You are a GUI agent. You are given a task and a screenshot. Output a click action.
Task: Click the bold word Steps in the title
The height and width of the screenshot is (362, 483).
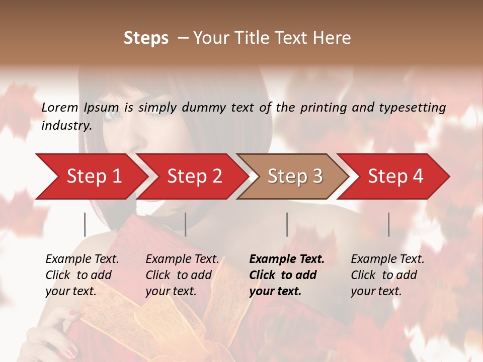pyautogui.click(x=146, y=38)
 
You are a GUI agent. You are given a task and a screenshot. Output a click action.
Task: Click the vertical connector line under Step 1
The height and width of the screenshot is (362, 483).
pyautogui.click(x=85, y=224)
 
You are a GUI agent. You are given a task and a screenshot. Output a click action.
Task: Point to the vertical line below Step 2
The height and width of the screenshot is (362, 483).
pyautogui.click(x=186, y=224)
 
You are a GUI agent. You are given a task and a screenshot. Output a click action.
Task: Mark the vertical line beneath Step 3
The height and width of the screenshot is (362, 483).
pyautogui.click(x=287, y=224)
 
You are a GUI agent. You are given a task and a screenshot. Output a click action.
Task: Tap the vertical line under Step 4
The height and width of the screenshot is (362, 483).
pyautogui.click(x=389, y=224)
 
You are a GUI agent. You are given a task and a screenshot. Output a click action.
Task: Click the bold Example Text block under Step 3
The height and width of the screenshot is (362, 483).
pyautogui.click(x=287, y=275)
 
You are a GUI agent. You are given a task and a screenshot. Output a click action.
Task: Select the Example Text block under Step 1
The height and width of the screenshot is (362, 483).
pyautogui.click(x=82, y=275)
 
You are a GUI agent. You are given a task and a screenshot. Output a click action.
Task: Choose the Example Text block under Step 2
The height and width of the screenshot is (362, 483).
pyautogui.click(x=182, y=275)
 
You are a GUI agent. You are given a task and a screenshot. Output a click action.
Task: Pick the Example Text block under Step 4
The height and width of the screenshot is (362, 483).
pyautogui.click(x=387, y=275)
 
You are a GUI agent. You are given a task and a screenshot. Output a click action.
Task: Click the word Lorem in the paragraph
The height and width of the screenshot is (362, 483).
pyautogui.click(x=60, y=107)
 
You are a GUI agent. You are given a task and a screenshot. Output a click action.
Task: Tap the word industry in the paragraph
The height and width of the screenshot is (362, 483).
pyautogui.click(x=65, y=126)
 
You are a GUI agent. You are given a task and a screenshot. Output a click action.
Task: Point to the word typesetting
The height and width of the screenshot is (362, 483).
pyautogui.click(x=416, y=108)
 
